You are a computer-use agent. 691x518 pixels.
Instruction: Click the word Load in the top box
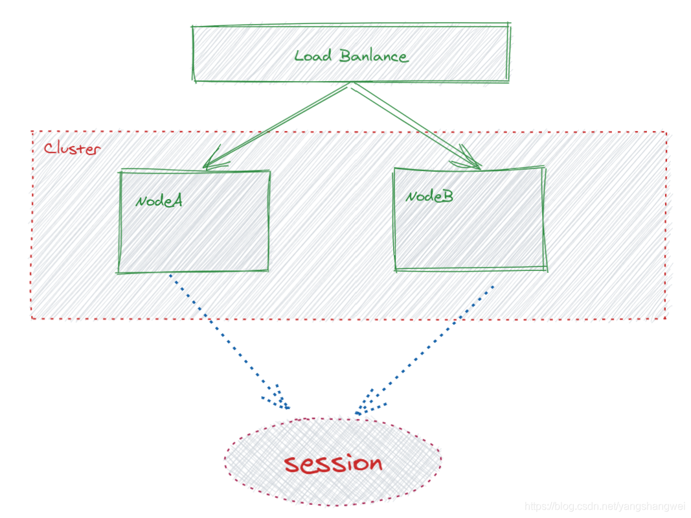point(313,56)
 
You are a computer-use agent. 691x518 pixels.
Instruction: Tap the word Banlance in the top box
point(374,56)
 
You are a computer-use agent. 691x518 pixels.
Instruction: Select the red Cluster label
point(72,148)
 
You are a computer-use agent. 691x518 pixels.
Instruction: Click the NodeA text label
point(159,201)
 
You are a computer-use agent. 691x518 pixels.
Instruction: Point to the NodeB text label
point(429,196)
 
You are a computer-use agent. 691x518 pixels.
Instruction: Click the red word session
point(334,463)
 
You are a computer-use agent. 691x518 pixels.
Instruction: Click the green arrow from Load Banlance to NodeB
point(414,124)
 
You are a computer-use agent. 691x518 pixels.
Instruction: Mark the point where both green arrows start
point(350,84)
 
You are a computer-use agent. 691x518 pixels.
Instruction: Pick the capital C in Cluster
point(49,148)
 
